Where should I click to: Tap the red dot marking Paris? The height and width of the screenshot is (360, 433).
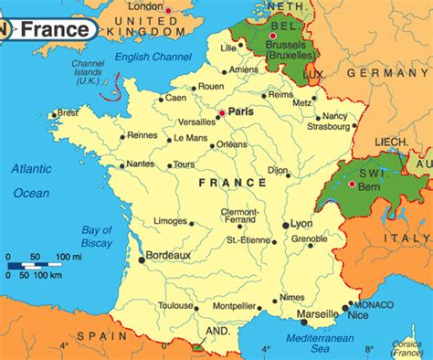(x=220, y=113)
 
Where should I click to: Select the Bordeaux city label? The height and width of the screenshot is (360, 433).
(x=168, y=256)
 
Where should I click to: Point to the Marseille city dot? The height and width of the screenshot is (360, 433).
(x=303, y=321)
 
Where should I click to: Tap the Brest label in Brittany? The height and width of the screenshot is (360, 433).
(x=68, y=112)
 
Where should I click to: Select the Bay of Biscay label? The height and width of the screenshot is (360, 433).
(x=96, y=236)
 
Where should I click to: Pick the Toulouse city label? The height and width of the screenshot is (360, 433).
(x=175, y=306)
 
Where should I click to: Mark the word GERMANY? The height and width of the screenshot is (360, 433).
(x=395, y=71)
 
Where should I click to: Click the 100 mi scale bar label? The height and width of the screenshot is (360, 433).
(x=69, y=256)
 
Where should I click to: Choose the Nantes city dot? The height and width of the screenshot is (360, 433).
(x=121, y=166)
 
